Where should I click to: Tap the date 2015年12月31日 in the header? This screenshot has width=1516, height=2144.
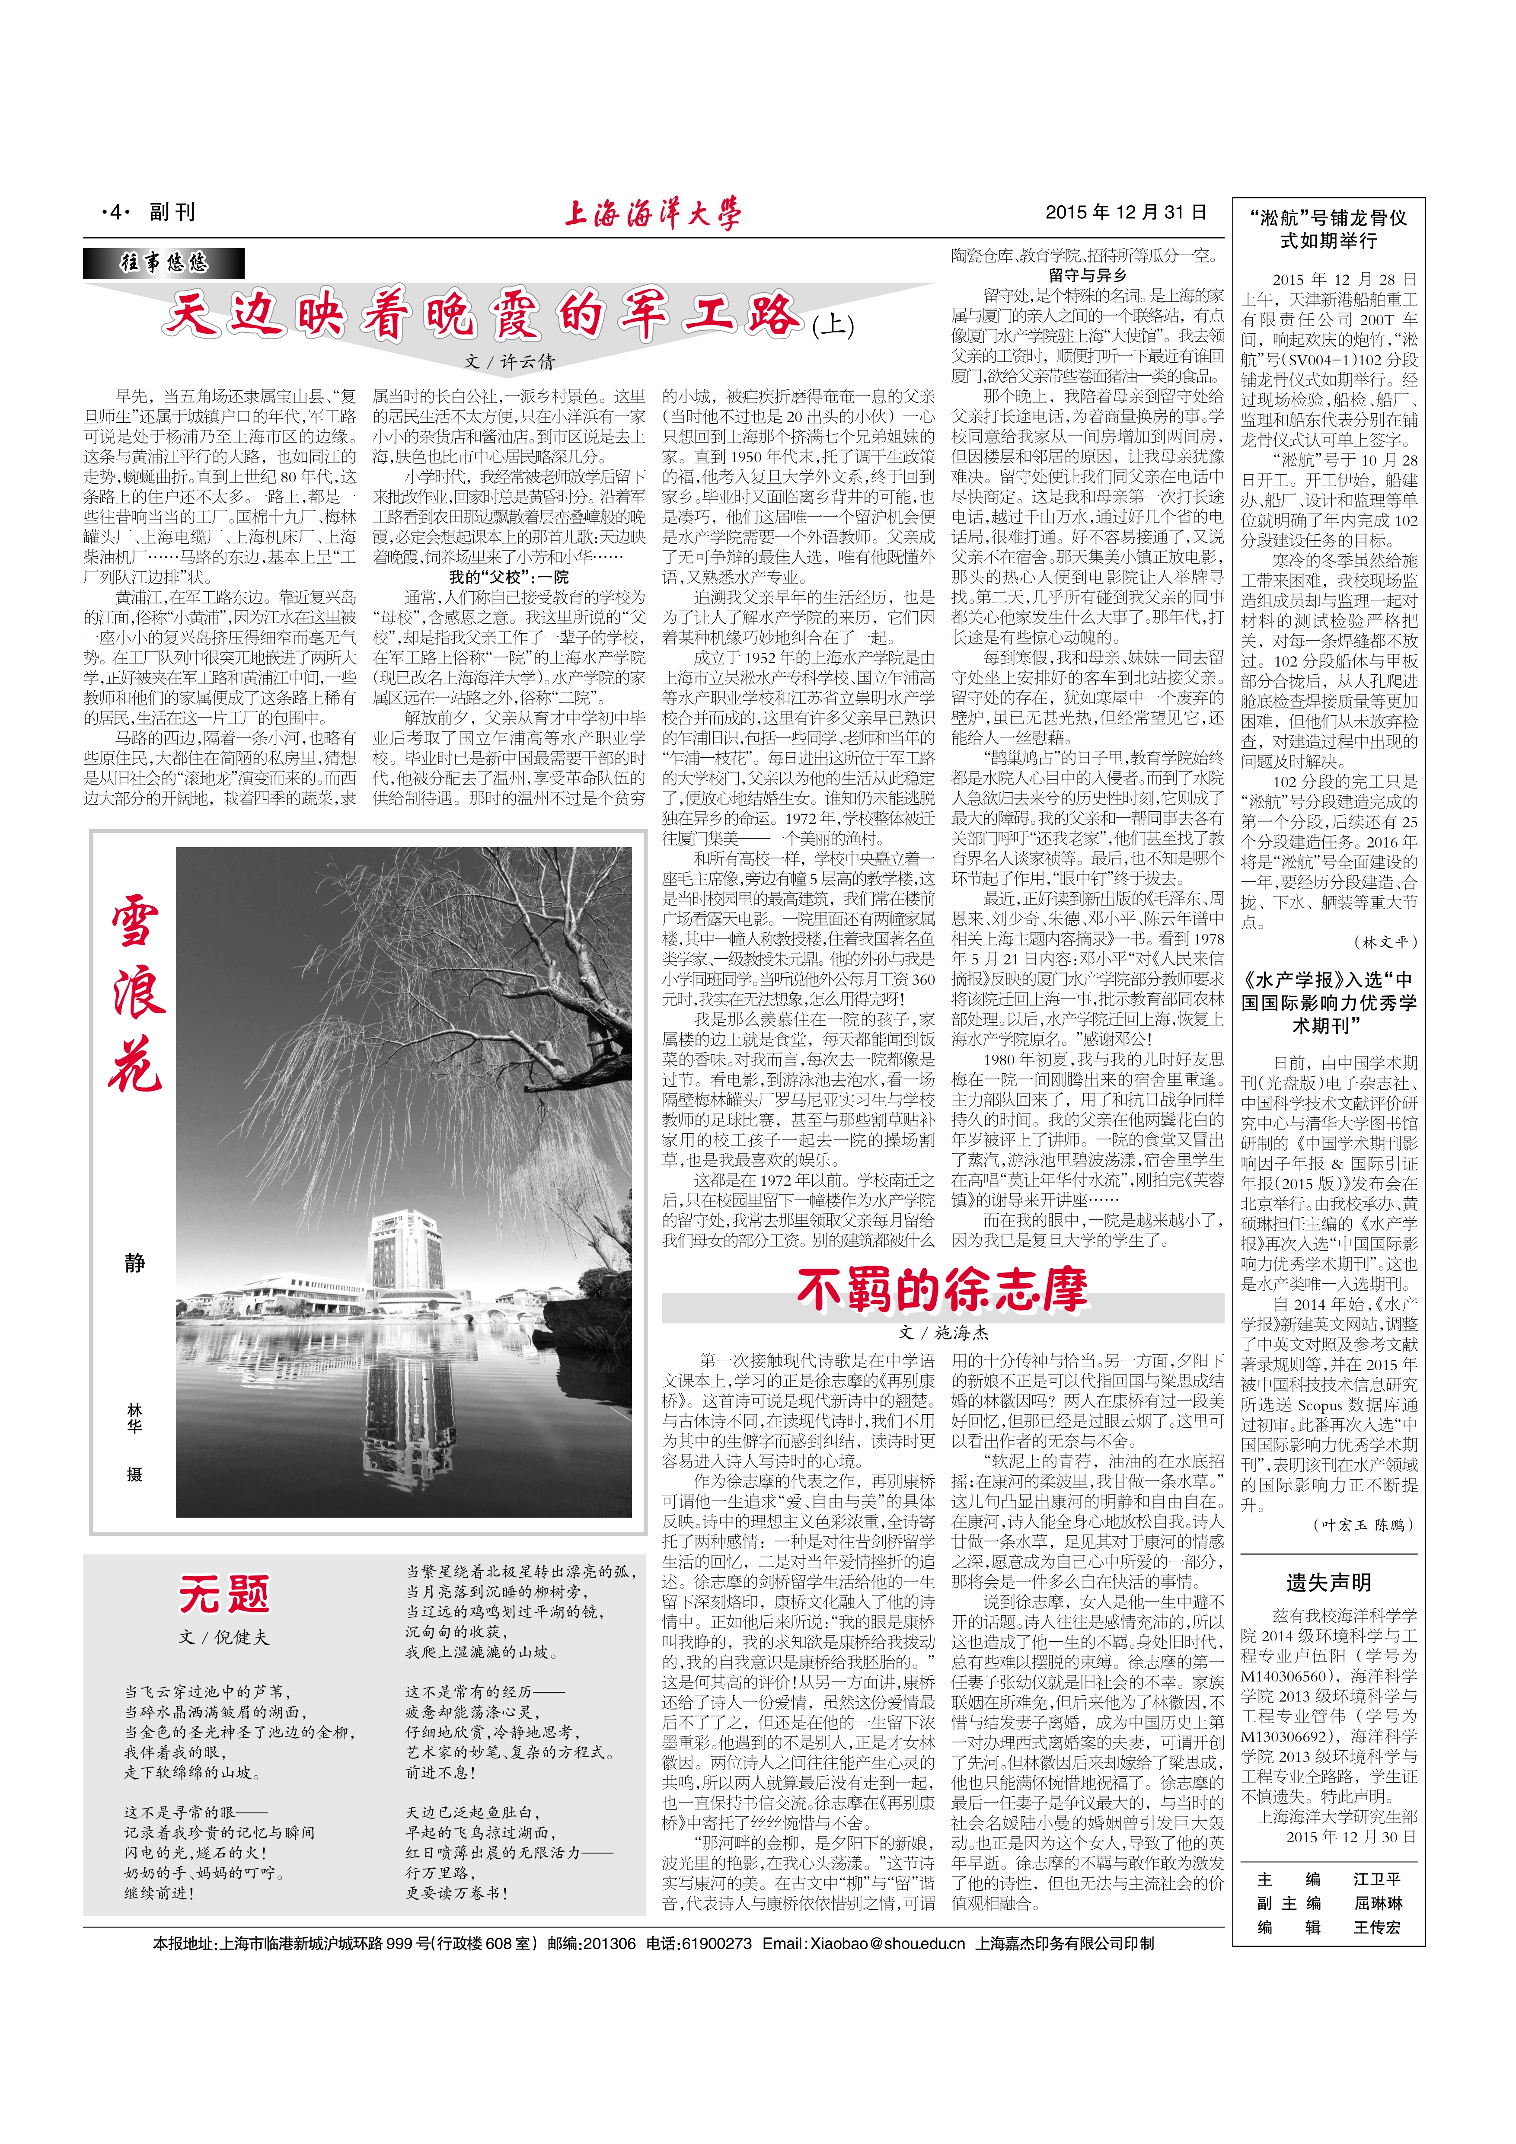click(x=1126, y=213)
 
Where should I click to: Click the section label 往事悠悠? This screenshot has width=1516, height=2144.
click(x=163, y=263)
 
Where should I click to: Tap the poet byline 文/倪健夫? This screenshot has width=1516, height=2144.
click(x=224, y=1637)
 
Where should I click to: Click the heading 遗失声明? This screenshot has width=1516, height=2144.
click(x=1328, y=1582)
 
